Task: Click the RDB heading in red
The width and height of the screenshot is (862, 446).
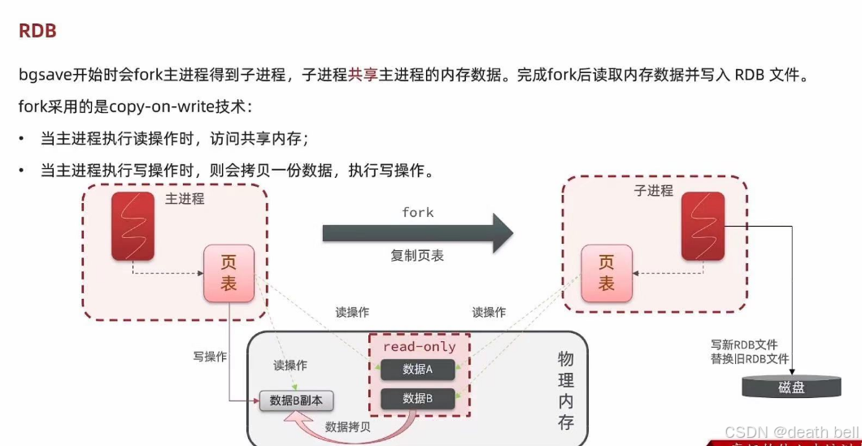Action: (37, 32)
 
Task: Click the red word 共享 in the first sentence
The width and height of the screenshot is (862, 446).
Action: (363, 75)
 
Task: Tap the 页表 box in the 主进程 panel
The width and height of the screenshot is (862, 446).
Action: (229, 273)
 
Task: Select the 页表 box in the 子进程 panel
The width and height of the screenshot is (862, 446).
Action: (606, 273)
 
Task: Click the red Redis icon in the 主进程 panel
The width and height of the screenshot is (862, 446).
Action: (133, 227)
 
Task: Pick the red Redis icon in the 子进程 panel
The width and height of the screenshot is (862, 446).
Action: (703, 227)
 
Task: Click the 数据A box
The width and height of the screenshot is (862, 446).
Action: (418, 370)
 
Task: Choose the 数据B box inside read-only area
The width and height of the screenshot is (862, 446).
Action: (418, 399)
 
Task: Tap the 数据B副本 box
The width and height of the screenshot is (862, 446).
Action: (296, 400)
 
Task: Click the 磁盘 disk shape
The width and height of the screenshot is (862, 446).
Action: (790, 387)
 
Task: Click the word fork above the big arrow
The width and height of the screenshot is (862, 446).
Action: (418, 213)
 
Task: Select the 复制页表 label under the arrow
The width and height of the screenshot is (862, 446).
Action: (417, 256)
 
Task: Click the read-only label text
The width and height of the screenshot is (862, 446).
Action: (420, 347)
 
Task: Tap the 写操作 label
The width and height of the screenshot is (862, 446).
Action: (210, 357)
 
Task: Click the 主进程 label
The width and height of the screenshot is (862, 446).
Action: (185, 198)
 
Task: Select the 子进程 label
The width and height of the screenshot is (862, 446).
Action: (654, 191)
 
